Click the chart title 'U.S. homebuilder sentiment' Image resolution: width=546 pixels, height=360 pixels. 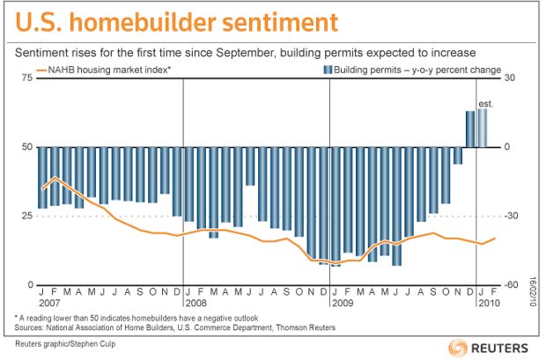click(176, 22)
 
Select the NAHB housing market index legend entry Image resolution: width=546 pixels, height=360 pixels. click(104, 70)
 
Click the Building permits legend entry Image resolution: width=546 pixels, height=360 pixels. click(412, 70)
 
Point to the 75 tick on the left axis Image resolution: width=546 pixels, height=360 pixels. click(27, 77)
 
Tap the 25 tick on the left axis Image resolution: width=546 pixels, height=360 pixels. click(27, 216)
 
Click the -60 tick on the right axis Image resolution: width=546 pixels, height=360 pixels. click(511, 285)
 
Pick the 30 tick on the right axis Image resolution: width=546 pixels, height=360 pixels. click(509, 77)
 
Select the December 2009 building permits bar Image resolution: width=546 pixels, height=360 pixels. click(470, 129)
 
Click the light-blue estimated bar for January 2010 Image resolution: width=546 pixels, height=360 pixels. click(483, 128)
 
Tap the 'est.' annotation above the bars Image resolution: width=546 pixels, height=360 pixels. click(486, 104)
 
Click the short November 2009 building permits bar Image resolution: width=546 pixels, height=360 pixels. click(458, 155)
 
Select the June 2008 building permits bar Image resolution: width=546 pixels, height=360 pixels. click(250, 166)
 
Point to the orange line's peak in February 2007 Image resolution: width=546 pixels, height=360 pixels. click(55, 177)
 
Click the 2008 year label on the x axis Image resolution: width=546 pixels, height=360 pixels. click(196, 303)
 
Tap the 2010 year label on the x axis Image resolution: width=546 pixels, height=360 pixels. click(490, 303)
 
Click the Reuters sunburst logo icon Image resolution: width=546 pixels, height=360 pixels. click(458, 348)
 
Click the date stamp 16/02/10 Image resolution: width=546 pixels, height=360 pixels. click(533, 291)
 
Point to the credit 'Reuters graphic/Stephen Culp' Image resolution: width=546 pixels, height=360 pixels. click(65, 344)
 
